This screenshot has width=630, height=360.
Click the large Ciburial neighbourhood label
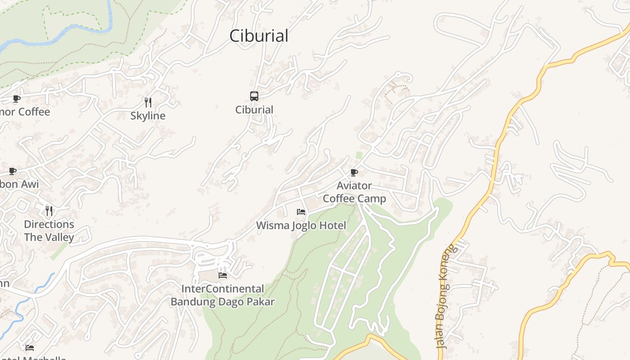pos(259,36)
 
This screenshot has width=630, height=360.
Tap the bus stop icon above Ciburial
pos(254,96)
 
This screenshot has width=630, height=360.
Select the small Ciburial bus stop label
pos(254,110)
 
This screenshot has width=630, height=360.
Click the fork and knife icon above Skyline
pos(148,103)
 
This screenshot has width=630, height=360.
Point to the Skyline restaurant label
pos(148,116)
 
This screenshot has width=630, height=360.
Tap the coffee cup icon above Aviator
pos(354,172)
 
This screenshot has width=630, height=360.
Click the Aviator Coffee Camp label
pos(354,192)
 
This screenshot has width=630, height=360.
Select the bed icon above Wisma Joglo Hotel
pos(301,212)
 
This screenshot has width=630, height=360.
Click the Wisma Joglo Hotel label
pos(301,225)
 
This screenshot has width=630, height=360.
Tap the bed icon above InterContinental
pos(223,275)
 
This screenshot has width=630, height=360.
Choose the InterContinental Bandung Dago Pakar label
pos(222,295)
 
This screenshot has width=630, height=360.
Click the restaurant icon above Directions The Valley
pos(49,211)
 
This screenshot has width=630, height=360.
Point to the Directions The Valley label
pos(49,230)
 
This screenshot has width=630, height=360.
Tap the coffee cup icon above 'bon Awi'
pos(13,171)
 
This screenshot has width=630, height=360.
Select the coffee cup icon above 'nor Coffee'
pos(17,99)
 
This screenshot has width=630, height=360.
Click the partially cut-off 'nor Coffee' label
pos(25,112)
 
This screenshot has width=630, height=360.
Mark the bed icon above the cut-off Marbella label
pos(30,348)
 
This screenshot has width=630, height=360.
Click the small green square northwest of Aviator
pos(359,155)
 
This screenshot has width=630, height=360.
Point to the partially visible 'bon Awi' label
pos(19,184)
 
